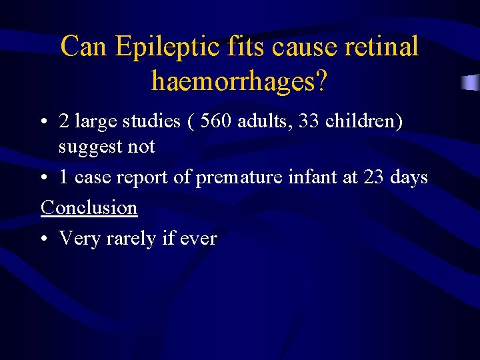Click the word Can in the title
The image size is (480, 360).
point(85,47)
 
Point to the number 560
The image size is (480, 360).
point(218,121)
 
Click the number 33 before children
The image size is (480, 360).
point(312,121)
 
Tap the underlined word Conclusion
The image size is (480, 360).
point(89,207)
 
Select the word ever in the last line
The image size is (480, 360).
point(198,239)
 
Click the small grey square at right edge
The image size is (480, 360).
point(471,83)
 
